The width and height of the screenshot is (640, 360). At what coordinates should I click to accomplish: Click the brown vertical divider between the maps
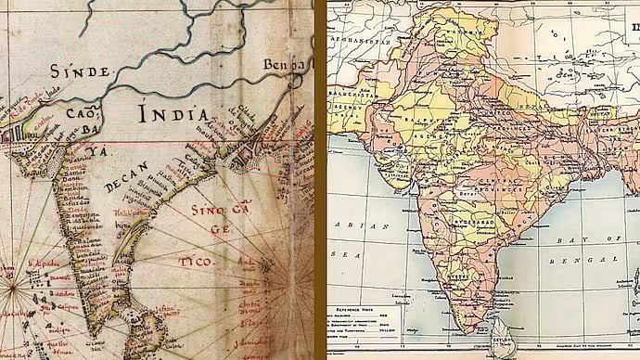tap(320, 180)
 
